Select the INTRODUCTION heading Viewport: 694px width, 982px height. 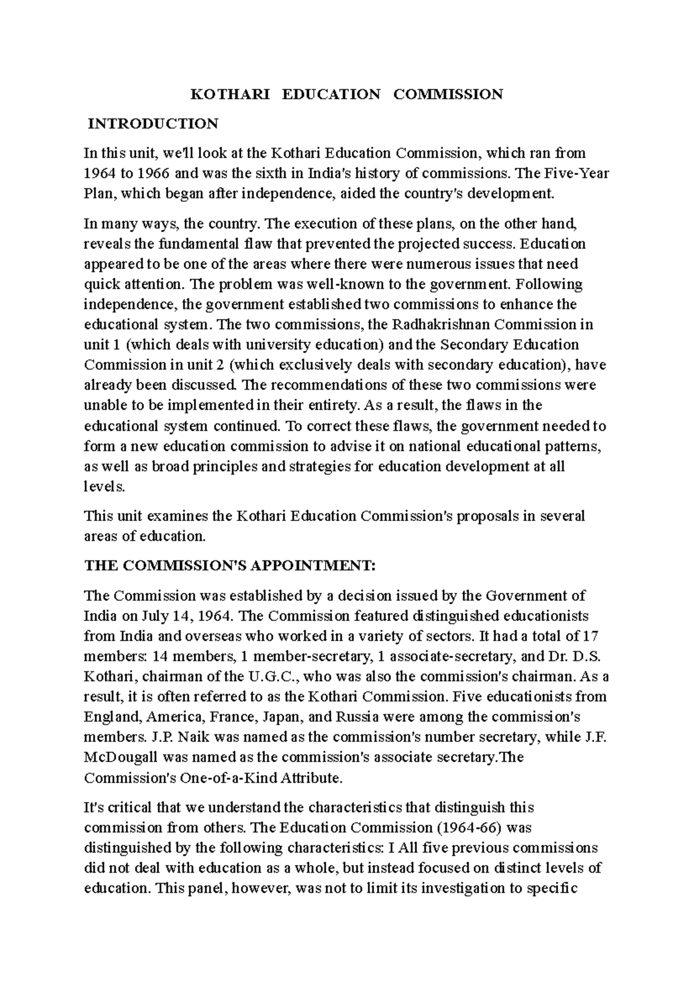(153, 124)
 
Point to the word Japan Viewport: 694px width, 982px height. (280, 717)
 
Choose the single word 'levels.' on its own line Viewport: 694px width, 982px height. (104, 487)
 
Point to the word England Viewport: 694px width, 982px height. (112, 717)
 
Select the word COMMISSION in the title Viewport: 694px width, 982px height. (448, 94)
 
